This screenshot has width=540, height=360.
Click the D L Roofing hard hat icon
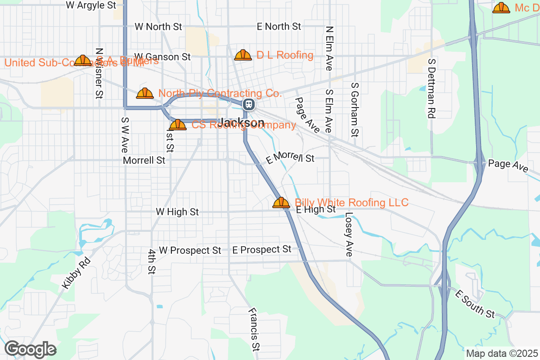(243, 55)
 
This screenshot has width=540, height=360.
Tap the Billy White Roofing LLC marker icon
(281, 203)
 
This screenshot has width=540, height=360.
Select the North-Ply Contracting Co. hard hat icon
(145, 94)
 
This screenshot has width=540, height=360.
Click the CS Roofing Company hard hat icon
(178, 125)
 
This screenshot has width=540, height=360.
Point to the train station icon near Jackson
(248, 105)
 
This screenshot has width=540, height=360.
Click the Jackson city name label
(242, 123)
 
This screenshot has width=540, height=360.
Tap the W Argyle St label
(90, 5)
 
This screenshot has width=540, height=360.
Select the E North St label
(279, 27)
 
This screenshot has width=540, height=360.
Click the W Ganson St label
(162, 57)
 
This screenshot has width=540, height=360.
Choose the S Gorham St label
(355, 109)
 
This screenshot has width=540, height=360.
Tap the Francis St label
(254, 329)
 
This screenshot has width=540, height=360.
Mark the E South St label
(474, 304)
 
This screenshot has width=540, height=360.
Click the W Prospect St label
(190, 250)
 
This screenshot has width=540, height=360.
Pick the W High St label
(177, 211)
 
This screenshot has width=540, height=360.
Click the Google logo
(30, 349)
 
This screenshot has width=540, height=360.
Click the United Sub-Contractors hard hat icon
(83, 60)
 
